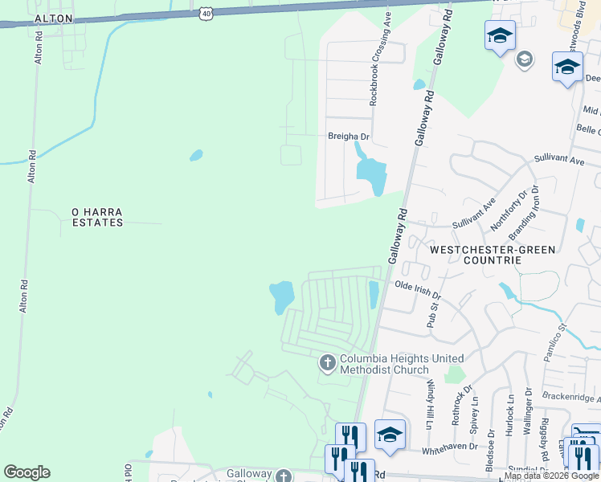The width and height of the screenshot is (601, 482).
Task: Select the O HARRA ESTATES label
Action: click(97, 217)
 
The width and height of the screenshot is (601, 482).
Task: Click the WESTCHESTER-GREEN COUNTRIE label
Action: click(492, 255)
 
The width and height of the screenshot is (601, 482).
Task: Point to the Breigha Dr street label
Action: click(348, 137)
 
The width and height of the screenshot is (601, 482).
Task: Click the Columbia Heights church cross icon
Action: click(327, 363)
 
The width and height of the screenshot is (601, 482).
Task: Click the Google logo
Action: click(27, 472)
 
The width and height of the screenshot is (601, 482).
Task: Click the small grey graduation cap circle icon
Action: click(524, 59)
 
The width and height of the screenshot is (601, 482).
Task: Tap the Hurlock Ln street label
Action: click(509, 415)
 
